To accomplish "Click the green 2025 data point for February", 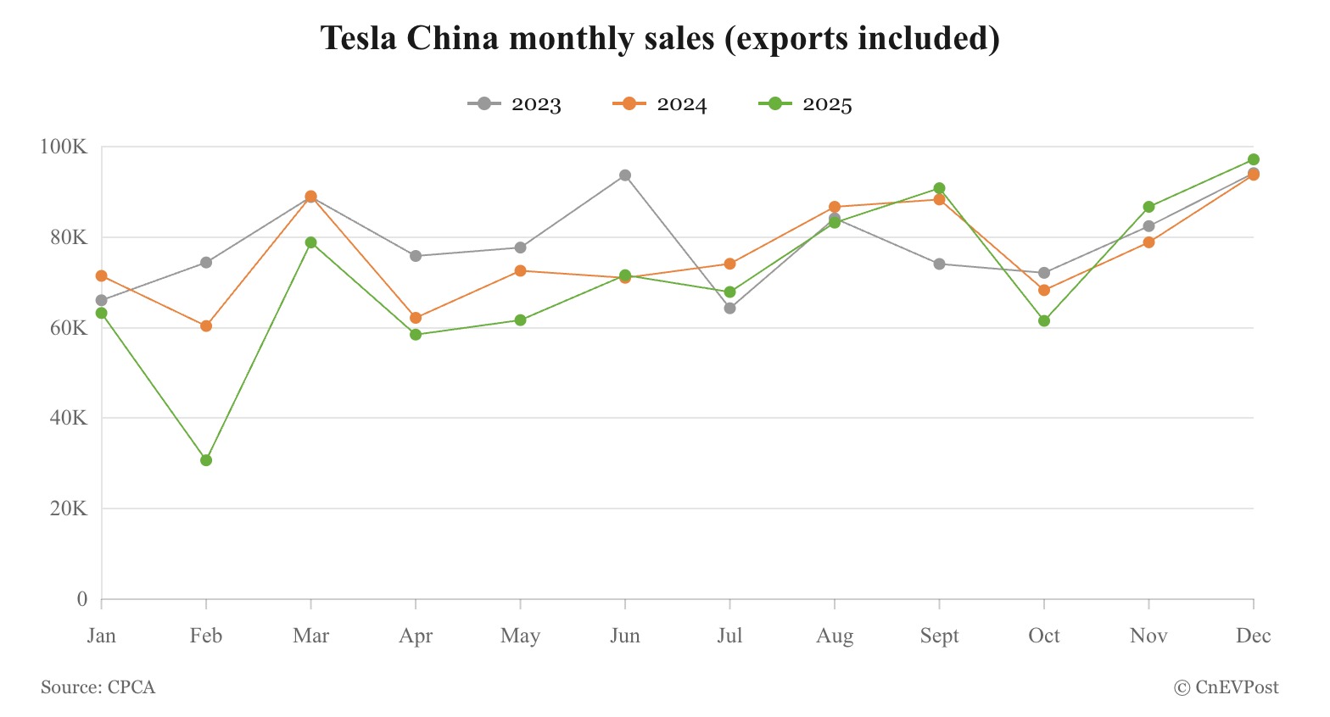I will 206,460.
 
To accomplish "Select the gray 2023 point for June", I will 625,175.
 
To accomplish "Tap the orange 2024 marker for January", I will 102,275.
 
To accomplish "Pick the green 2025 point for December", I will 1254,159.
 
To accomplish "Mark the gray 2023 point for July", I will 730,308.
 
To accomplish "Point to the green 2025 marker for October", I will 1044,320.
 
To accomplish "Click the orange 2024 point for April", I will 416,318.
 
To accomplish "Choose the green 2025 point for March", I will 311,242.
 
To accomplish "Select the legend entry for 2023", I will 515,104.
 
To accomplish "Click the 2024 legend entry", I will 660,104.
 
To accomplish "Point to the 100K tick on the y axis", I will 64,147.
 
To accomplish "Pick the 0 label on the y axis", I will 82,599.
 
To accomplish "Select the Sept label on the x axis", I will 939,636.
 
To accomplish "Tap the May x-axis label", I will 520,636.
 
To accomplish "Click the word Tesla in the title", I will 358,38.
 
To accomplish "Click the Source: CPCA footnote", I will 98,687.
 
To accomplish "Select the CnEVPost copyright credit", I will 1227,687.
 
